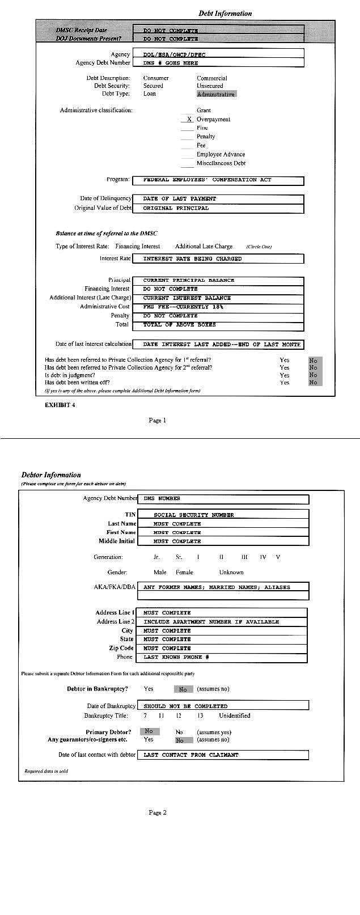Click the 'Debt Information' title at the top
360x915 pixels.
click(x=225, y=13)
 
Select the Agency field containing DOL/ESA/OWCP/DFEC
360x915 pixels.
click(x=218, y=54)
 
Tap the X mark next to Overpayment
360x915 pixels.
click(x=189, y=119)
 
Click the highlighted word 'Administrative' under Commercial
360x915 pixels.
click(x=216, y=94)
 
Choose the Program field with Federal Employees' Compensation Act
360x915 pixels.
click(x=218, y=180)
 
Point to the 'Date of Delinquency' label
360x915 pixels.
click(x=105, y=198)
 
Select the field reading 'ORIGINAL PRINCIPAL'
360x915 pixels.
click(x=218, y=208)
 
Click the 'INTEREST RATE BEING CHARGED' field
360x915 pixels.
click(x=218, y=259)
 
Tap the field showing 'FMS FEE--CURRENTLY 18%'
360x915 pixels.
click(x=218, y=307)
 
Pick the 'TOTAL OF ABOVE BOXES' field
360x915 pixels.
click(x=218, y=325)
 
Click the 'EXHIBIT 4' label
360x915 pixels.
click(x=60, y=405)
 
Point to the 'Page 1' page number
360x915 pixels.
click(x=158, y=420)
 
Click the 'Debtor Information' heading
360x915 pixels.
click(x=51, y=475)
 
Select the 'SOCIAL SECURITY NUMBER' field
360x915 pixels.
click(x=222, y=515)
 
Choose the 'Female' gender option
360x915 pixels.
click(x=184, y=572)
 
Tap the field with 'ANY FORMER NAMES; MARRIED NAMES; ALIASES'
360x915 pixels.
click(x=222, y=587)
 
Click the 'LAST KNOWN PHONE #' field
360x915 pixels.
click(x=222, y=657)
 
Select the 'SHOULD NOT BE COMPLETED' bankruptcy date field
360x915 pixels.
click(x=222, y=706)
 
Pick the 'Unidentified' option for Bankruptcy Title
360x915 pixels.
click(x=235, y=715)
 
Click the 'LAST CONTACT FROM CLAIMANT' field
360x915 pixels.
click(x=222, y=755)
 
